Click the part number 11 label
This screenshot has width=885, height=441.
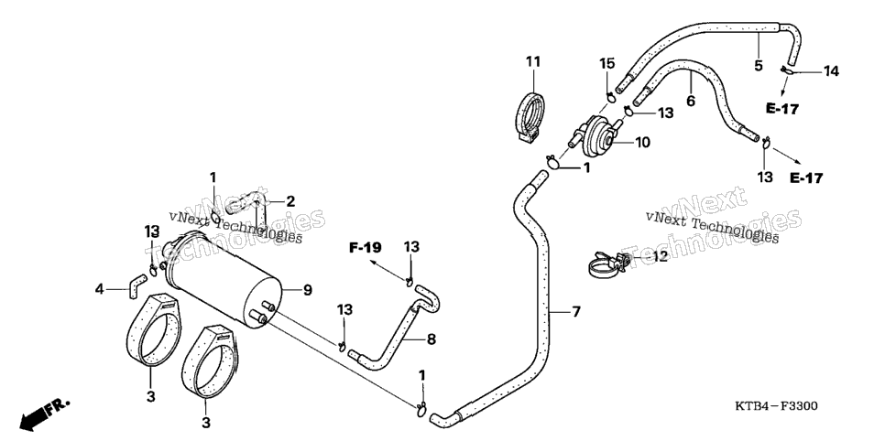click(x=533, y=61)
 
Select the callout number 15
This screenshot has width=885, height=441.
click(x=606, y=63)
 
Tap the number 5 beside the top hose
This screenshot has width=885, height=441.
click(x=758, y=65)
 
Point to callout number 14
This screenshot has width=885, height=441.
click(x=831, y=71)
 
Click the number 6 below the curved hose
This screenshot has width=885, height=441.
click(x=691, y=101)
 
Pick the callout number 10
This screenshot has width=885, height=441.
click(x=643, y=142)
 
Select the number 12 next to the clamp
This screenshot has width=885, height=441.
click(x=660, y=256)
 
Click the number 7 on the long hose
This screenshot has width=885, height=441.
click(x=575, y=311)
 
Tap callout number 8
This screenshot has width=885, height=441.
click(x=432, y=339)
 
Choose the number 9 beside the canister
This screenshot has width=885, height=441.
click(x=307, y=290)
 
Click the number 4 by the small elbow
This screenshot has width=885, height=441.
click(x=99, y=289)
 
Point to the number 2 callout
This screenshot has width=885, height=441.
click(x=290, y=201)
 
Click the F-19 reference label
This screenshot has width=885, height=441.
click(x=366, y=247)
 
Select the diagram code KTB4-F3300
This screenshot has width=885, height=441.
click(x=776, y=406)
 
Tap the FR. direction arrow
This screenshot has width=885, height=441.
click(x=45, y=414)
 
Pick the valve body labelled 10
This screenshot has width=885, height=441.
click(x=596, y=135)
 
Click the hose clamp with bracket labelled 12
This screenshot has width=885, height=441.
click(x=609, y=264)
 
